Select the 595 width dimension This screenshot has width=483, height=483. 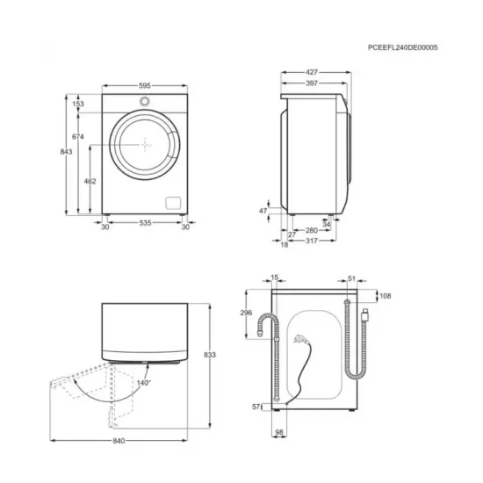click(145, 86)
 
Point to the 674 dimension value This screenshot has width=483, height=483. click(77, 137)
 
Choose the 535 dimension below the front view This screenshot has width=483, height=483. click(144, 225)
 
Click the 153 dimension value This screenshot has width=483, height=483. click(77, 104)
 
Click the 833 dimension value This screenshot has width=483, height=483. click(209, 354)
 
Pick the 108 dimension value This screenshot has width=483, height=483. click(384, 297)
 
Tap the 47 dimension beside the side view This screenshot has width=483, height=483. click(263, 211)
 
